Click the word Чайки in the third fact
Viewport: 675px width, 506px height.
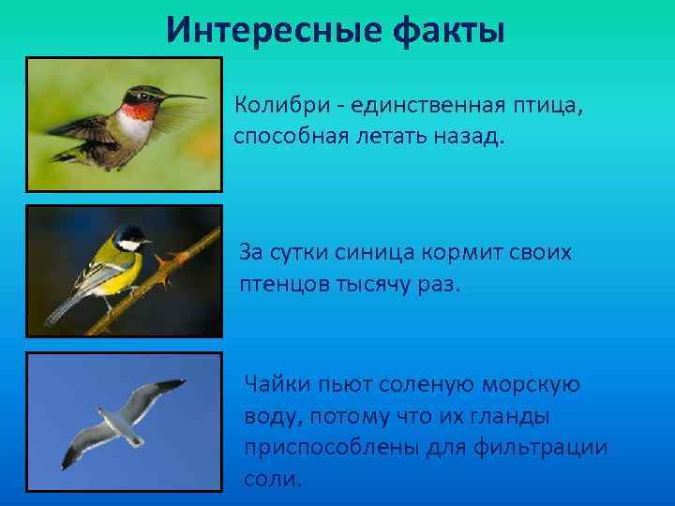273,382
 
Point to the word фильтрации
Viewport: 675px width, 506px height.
549,447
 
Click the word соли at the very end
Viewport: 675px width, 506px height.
272,479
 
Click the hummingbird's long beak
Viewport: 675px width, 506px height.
183,97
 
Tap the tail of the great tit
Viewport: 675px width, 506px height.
61,305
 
